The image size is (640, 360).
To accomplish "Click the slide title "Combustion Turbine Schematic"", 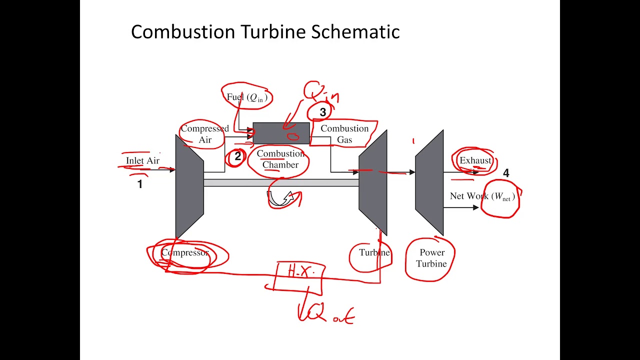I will click(265, 32).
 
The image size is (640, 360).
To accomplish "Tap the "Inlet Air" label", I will click(142, 160).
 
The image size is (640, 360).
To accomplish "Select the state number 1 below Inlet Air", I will click(140, 184).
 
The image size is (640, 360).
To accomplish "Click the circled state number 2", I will click(237, 156).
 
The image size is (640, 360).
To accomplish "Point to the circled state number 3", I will click(322, 112).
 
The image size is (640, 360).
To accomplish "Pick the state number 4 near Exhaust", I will click(506, 173).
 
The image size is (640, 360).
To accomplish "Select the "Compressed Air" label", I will click(205, 134).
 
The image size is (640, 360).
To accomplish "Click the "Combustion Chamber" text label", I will click(280, 159).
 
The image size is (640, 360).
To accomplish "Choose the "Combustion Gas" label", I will click(344, 134).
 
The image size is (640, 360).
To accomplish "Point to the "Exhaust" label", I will click(475, 160).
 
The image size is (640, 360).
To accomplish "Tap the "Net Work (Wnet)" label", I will click(482, 196).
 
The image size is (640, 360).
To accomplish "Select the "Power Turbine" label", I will click(431, 258).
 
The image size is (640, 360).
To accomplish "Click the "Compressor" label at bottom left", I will click(184, 253).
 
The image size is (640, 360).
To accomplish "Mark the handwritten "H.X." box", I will click(300, 272).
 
